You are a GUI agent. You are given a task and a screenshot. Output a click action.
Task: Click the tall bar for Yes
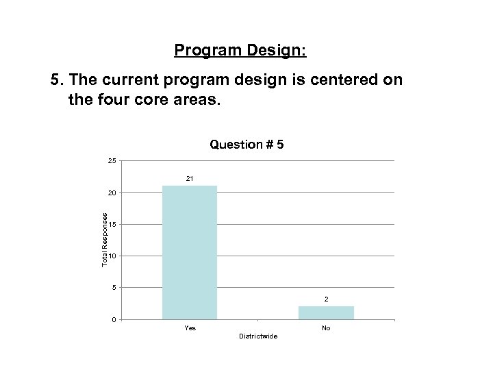(190, 252)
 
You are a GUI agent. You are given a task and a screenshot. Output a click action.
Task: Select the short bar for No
(326, 312)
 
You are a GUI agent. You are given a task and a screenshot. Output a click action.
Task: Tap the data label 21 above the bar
(190, 178)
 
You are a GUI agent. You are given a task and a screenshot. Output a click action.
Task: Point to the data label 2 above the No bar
(326, 299)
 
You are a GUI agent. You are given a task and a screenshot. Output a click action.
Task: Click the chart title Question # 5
(246, 145)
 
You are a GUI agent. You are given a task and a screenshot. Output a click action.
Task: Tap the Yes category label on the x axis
(190, 328)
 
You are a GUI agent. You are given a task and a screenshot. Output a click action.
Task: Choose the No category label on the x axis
(326, 328)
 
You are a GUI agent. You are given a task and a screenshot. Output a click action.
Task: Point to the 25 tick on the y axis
(112, 161)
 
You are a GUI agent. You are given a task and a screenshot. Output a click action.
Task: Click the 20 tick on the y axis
(112, 193)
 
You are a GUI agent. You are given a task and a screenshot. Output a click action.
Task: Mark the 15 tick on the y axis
(112, 225)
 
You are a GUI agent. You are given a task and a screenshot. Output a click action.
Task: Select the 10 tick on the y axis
(112, 256)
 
